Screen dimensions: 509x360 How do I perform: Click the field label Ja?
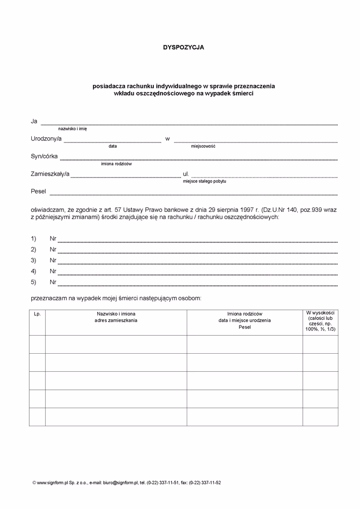pos(34,121)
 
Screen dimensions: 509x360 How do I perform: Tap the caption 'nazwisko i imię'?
pos(73,129)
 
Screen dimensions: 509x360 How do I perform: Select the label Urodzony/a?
pos(46,139)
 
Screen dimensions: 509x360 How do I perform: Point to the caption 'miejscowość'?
pos(203,147)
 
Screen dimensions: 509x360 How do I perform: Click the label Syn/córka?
pos(44,156)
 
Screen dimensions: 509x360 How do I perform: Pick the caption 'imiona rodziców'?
pos(117,164)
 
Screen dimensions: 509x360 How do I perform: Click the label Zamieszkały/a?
pos(50,174)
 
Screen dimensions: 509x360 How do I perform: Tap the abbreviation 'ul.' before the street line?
pos(186,174)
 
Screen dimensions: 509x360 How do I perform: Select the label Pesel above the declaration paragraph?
pos(39,192)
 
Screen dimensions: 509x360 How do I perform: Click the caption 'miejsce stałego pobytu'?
pos(204,181)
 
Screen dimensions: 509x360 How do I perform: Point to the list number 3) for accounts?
pos(34,260)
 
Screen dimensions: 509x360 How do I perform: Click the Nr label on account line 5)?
pos(53,282)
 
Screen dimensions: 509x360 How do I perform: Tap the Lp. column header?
pos(37,314)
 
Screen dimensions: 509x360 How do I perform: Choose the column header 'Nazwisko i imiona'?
pos(116,314)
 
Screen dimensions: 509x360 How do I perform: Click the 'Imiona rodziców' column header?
pos(245,314)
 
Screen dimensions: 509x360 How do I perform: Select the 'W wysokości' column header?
pos(320,313)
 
